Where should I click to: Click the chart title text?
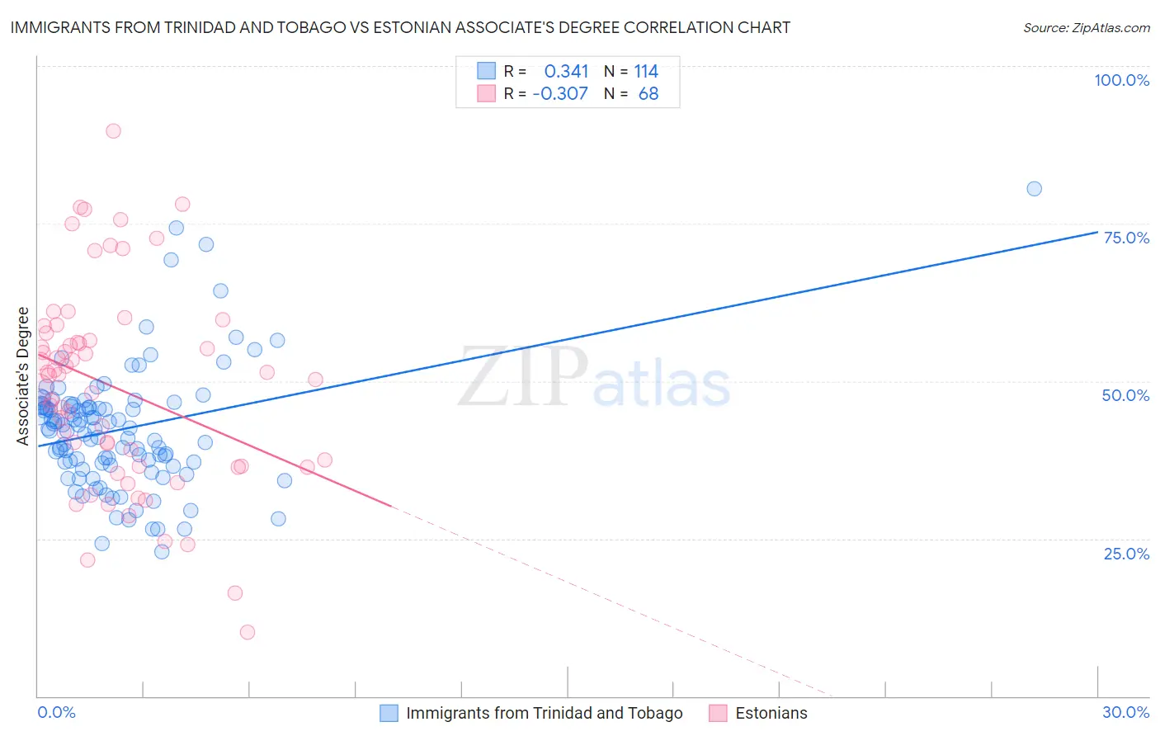tap(401, 27)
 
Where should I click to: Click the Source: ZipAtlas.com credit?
tap(1086, 27)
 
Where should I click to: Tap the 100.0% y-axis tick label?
tap(1121, 80)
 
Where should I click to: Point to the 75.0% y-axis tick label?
tap(1126, 238)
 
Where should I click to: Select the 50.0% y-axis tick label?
tap(1125, 395)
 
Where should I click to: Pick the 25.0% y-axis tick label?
tap(1126, 554)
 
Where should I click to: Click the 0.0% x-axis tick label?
tap(57, 712)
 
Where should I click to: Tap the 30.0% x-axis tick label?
tap(1125, 712)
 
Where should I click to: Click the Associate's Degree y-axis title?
tap(23, 376)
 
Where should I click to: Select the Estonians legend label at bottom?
tap(771, 713)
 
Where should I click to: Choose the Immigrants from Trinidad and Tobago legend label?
tap(544, 713)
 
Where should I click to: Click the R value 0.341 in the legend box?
tap(566, 72)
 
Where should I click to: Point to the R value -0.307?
tap(560, 94)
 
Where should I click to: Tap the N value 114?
tap(646, 72)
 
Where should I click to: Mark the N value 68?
tap(648, 94)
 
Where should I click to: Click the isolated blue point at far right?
tap(1034, 189)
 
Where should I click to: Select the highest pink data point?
tap(113, 131)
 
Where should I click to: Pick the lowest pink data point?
tap(248, 632)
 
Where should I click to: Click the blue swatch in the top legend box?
tap(487, 72)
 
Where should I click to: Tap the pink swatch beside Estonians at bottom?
tap(718, 713)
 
